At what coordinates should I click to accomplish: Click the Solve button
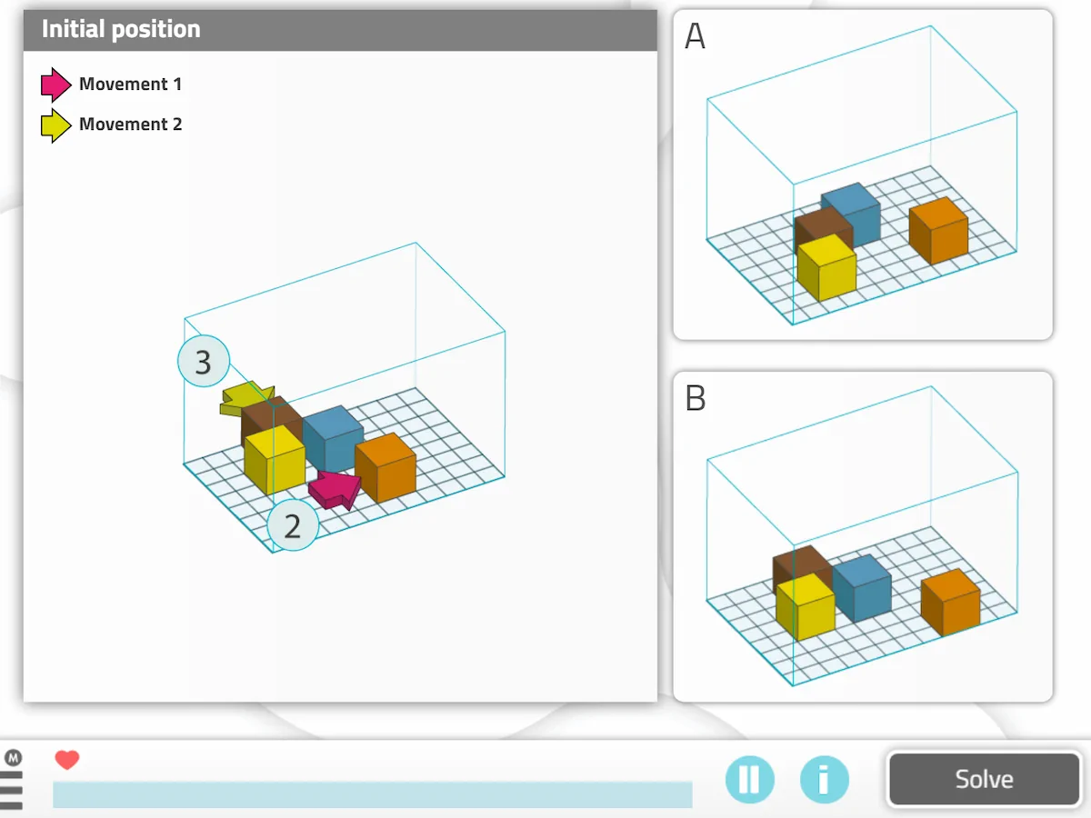pyautogui.click(x=984, y=779)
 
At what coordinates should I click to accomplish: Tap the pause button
pyautogui.click(x=750, y=780)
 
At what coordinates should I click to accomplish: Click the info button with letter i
pyautogui.click(x=824, y=780)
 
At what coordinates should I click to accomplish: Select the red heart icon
pyautogui.click(x=67, y=760)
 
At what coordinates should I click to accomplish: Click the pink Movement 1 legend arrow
pyautogui.click(x=55, y=85)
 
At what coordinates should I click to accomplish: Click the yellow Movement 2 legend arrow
pyautogui.click(x=55, y=125)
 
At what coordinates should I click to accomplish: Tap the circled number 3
pyautogui.click(x=203, y=362)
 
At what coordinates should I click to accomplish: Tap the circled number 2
pyautogui.click(x=293, y=525)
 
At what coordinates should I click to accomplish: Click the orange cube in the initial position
pyautogui.click(x=385, y=467)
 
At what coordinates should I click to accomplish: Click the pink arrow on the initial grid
pyautogui.click(x=334, y=489)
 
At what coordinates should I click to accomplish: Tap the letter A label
pyautogui.click(x=695, y=36)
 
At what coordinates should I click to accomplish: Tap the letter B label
pyautogui.click(x=695, y=398)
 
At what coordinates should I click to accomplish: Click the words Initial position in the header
pyautogui.click(x=121, y=29)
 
